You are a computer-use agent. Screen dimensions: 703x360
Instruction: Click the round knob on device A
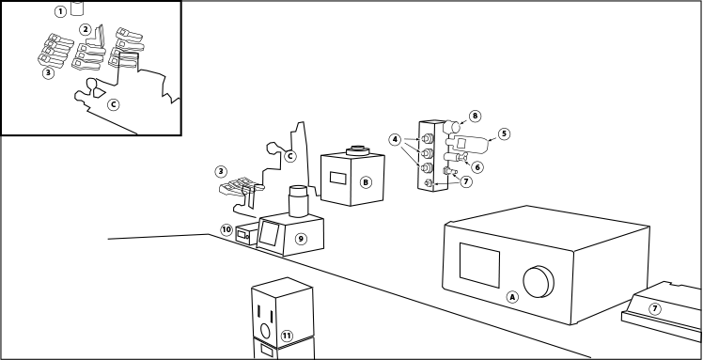click(x=539, y=282)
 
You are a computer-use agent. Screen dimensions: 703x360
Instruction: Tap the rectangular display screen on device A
click(x=479, y=265)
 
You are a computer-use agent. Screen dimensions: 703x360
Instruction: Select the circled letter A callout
click(x=512, y=297)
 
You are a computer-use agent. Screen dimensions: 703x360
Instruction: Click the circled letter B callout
click(x=366, y=182)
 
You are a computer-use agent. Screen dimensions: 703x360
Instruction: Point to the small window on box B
click(x=338, y=178)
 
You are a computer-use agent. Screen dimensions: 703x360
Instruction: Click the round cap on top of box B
click(x=357, y=150)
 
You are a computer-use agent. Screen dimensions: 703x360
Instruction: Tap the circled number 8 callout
click(x=476, y=117)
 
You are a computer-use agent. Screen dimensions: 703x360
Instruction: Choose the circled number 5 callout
click(x=504, y=133)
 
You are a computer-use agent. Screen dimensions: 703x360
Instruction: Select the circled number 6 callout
click(x=477, y=167)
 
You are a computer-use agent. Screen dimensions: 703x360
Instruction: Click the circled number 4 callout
click(x=395, y=140)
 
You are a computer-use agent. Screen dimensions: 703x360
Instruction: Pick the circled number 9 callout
click(x=301, y=239)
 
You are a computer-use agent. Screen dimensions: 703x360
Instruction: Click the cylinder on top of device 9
click(x=299, y=201)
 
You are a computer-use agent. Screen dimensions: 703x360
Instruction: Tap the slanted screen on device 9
click(x=269, y=233)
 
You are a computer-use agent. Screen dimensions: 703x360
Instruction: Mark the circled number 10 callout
click(x=227, y=230)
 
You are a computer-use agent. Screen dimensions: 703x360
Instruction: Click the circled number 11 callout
click(x=287, y=336)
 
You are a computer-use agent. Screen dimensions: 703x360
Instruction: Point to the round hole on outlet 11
click(x=265, y=332)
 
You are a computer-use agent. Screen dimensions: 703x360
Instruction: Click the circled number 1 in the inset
click(x=60, y=11)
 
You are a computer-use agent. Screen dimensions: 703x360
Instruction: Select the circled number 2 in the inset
click(x=86, y=30)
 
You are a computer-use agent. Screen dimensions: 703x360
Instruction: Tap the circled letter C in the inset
click(x=114, y=104)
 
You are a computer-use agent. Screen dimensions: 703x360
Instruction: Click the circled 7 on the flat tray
click(x=655, y=309)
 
